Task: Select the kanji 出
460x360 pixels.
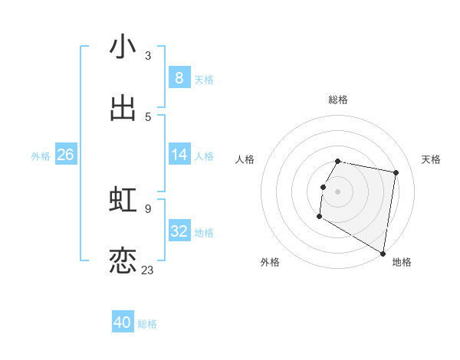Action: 123,108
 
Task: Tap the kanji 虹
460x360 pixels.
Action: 123,199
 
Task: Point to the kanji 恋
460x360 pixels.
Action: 123,260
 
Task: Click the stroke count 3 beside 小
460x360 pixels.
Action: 147,55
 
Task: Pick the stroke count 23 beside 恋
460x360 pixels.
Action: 147,270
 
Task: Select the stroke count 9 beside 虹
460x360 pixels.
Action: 147,208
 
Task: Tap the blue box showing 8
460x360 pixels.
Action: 179,78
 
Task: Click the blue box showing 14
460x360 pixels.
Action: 179,155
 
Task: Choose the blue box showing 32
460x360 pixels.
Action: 179,231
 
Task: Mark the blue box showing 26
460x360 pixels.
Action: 65,155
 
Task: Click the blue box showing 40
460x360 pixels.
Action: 123,322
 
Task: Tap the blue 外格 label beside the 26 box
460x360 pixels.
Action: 41,156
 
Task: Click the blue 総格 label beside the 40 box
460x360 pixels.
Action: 147,324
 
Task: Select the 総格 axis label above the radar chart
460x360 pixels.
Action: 338,100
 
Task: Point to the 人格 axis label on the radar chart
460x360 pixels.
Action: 245,159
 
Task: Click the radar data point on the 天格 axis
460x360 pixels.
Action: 396,173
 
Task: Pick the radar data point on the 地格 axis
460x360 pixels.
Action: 383,253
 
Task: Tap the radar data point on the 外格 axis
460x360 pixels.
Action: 319,217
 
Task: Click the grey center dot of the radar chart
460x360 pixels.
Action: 338,191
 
